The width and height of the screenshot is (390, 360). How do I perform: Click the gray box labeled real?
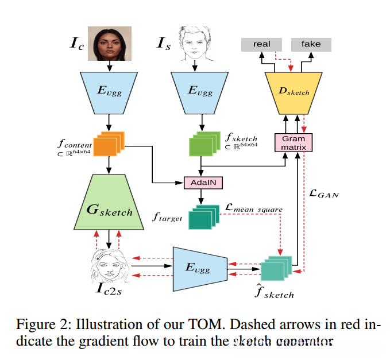(x=261, y=44)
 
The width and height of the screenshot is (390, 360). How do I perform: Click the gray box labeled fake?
(x=311, y=44)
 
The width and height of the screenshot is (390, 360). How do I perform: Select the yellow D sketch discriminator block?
(x=294, y=90)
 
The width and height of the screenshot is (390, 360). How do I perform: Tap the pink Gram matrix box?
(x=294, y=142)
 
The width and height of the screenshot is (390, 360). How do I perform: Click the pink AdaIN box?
(x=202, y=183)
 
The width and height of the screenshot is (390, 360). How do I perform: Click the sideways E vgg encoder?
(x=198, y=267)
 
